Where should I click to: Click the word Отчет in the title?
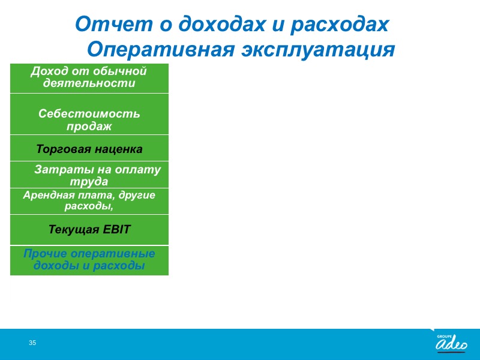click(x=113, y=24)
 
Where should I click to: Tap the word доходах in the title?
click(x=222, y=24)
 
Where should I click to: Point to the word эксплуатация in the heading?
click(x=319, y=50)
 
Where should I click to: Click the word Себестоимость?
click(x=89, y=113)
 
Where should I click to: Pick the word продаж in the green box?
click(x=89, y=126)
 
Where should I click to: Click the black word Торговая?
click(x=64, y=149)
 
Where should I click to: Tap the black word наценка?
click(x=118, y=149)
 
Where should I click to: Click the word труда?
click(x=89, y=182)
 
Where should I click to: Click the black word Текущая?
click(x=74, y=230)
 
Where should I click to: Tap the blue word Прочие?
click(x=45, y=253)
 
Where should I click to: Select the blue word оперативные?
click(x=113, y=254)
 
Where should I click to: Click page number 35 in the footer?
click(x=32, y=343)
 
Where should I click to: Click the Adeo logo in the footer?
click(x=452, y=343)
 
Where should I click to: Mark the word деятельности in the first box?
click(x=89, y=83)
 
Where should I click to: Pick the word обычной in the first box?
click(x=119, y=71)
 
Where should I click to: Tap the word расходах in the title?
click(x=340, y=24)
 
